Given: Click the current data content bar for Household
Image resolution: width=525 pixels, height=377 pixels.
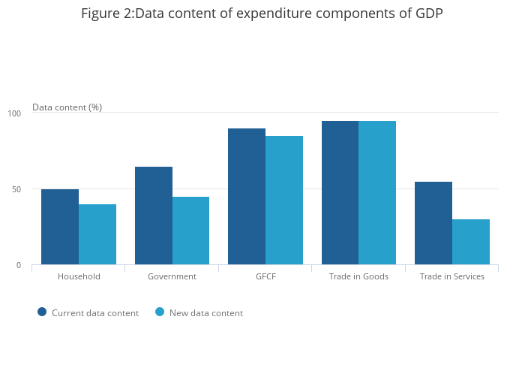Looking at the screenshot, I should (60, 227).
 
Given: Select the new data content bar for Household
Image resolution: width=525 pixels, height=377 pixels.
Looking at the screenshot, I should (97, 234).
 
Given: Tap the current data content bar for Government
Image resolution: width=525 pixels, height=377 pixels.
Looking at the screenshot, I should (154, 216).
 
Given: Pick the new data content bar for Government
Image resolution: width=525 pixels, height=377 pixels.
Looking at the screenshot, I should (190, 231).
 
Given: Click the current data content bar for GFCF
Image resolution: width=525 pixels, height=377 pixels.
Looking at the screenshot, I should (247, 196).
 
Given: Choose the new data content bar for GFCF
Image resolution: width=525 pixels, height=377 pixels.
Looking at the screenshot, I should (284, 200).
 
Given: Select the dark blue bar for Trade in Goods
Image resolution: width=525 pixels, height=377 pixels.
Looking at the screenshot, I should (340, 192).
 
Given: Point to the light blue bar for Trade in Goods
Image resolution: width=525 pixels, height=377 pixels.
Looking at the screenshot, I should (377, 192).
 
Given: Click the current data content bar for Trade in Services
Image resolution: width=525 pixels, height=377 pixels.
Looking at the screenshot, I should (433, 223).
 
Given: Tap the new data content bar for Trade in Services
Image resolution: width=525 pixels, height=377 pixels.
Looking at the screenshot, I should (471, 242).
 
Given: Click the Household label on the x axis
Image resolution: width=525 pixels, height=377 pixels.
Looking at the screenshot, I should (79, 276).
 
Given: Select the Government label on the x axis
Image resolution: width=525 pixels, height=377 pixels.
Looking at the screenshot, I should (172, 276).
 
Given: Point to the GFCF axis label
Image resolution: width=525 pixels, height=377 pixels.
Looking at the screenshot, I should (265, 276).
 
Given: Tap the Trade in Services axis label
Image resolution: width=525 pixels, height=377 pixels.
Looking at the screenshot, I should (452, 276).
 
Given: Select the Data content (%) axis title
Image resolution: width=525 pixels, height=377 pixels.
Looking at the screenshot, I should (67, 107).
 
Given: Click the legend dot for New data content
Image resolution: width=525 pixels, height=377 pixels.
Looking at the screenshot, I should (160, 312).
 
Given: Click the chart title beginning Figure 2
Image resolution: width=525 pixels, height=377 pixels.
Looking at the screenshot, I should (262, 14).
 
